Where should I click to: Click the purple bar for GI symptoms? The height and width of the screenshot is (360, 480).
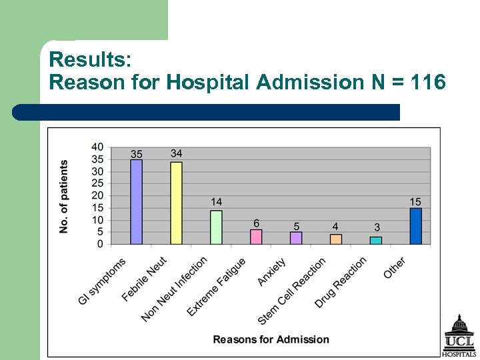pos(136,201)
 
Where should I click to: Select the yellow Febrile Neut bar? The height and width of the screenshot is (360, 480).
pos(176,203)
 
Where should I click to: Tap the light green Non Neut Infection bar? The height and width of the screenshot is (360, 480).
pos(216,227)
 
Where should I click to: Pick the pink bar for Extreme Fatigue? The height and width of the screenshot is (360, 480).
pos(256,237)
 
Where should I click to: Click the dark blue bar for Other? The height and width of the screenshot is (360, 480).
pos(416,226)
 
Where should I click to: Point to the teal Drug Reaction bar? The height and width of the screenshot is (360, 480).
pos(376,240)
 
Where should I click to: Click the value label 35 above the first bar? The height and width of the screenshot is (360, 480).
pos(136,154)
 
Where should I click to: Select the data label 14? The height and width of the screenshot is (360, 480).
pos(217,202)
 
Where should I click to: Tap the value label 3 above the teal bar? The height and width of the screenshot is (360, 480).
pos(377,228)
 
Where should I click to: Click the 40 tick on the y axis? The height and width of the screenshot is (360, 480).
pos(97,147)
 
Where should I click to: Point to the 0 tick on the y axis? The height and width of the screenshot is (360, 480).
pos(100,244)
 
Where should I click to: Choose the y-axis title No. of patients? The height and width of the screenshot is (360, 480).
pos(64,197)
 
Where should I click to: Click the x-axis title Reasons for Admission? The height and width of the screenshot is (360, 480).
pos(271,339)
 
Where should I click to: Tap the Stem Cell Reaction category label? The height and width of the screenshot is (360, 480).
pos(292,291)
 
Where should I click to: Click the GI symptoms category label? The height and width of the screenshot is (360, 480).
pos(102,281)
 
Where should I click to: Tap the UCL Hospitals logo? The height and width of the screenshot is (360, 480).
pos(459,336)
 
